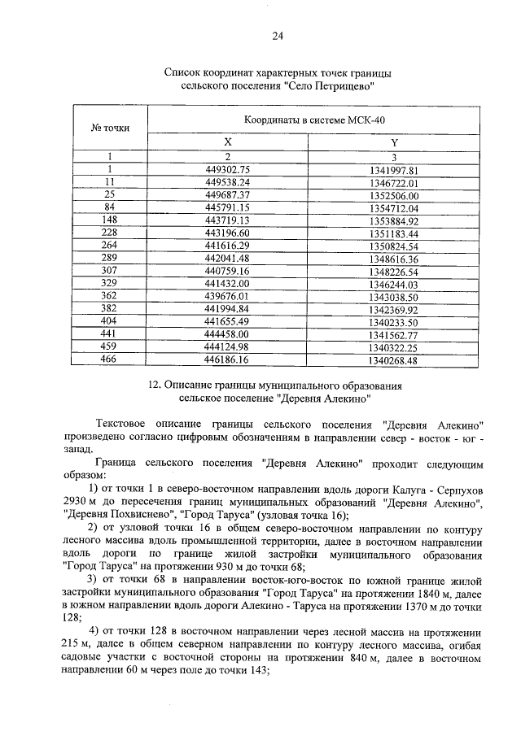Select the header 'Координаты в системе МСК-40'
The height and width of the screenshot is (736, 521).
click(x=314, y=120)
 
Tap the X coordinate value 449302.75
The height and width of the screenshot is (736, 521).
click(x=228, y=169)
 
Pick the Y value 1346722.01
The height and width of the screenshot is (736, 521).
click(x=392, y=183)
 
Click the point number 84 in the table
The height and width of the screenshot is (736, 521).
click(x=108, y=207)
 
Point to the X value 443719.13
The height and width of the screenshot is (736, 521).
click(x=228, y=220)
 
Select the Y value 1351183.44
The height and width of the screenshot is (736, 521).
click(x=392, y=233)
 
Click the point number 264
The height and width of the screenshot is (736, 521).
click(x=108, y=246)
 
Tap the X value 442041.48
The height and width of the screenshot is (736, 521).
click(x=228, y=259)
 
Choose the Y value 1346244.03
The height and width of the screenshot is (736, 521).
click(x=392, y=285)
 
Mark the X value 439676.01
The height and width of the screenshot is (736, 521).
click(x=228, y=297)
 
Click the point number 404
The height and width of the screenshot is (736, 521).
click(x=108, y=322)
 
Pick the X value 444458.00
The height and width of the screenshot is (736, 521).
click(x=228, y=335)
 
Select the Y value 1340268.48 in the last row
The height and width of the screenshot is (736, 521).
click(x=392, y=360)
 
